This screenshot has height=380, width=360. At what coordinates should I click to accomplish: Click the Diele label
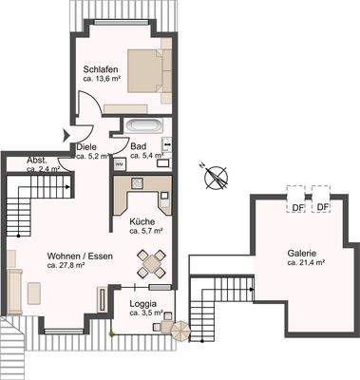100,146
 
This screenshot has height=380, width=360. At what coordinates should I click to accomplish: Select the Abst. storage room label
37,160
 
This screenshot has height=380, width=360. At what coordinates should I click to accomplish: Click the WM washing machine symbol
119,163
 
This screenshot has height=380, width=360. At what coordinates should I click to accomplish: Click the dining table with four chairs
149,260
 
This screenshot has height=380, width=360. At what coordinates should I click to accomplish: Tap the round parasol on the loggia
178,331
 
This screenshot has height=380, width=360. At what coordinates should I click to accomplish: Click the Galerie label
302,253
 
